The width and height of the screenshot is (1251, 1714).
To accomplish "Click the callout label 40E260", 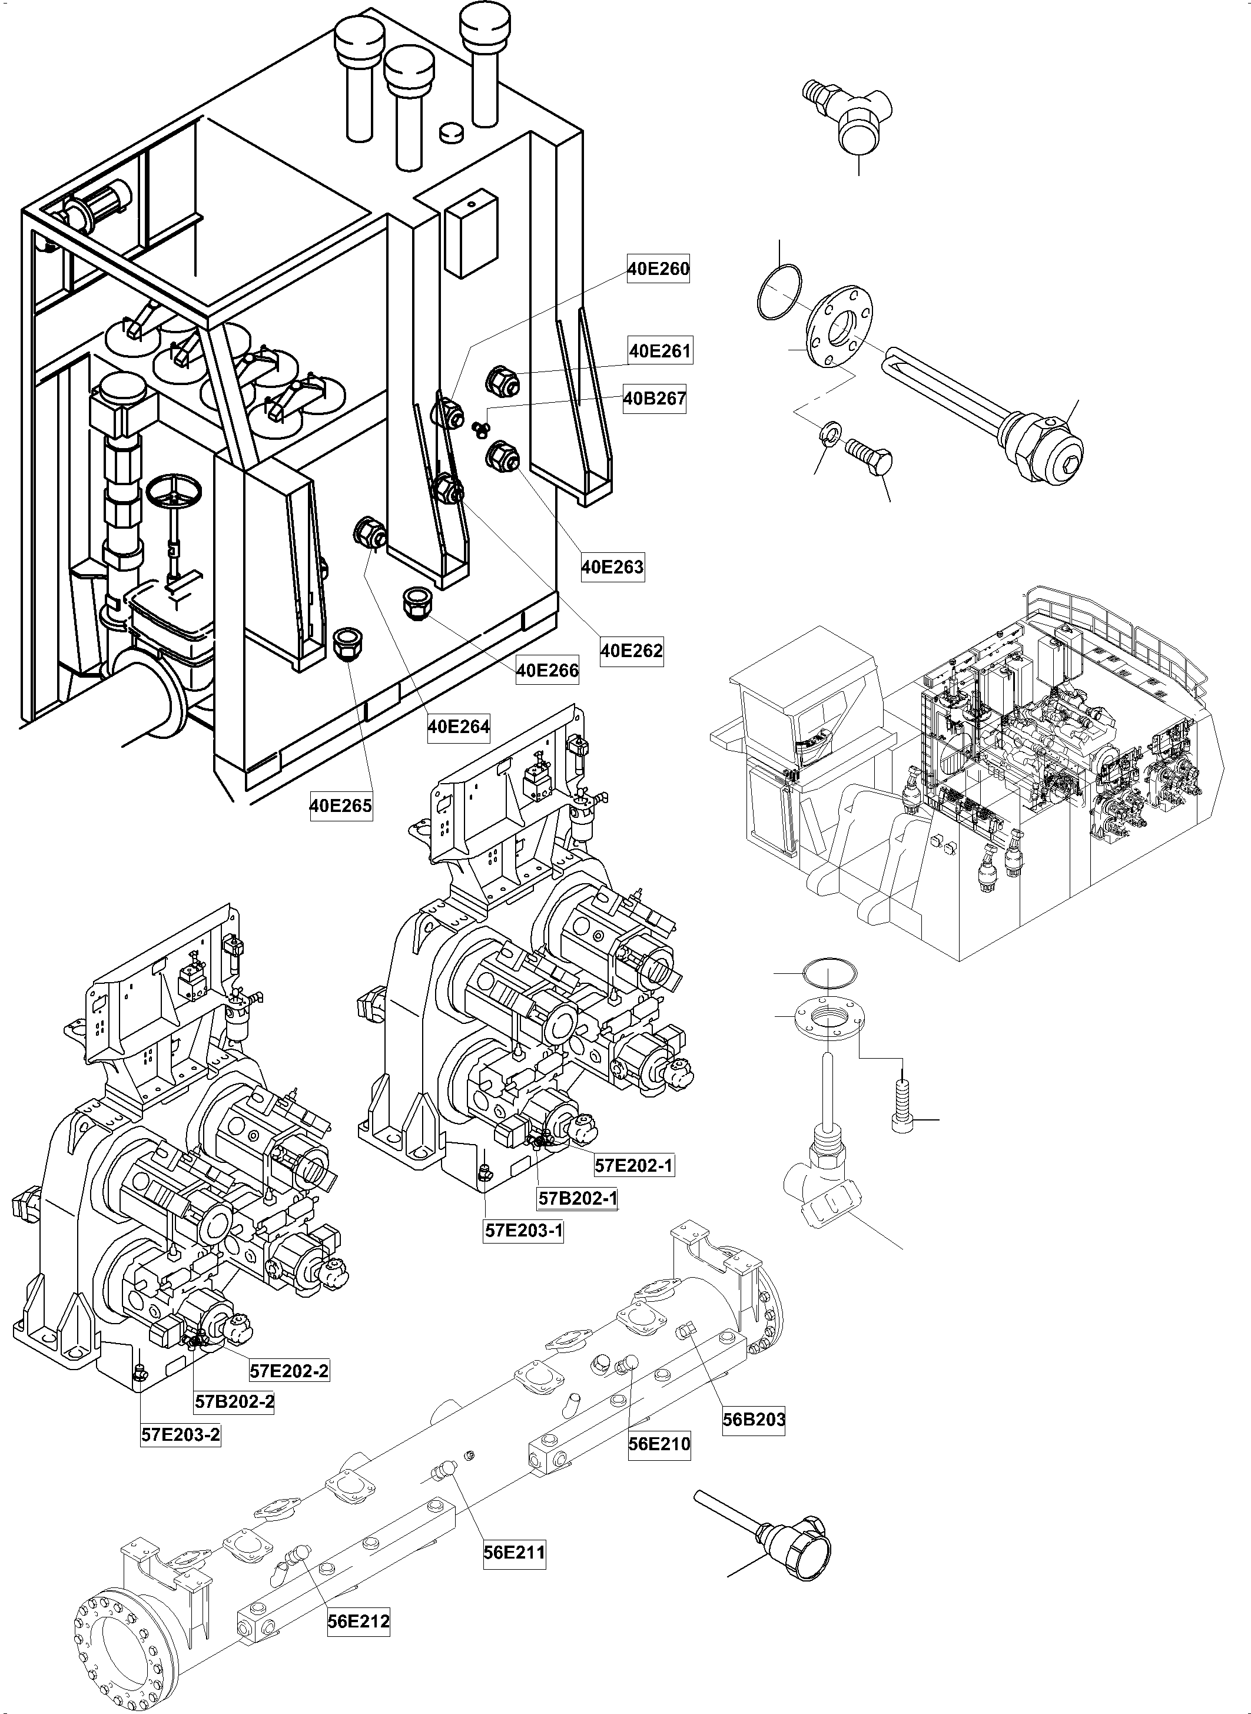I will pyautogui.click(x=658, y=269).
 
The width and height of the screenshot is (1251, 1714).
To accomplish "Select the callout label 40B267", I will pyautogui.click(x=654, y=399).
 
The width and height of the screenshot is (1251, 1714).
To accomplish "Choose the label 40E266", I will pyautogui.click(x=547, y=670).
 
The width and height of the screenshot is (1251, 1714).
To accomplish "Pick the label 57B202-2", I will pyautogui.click(x=234, y=1401).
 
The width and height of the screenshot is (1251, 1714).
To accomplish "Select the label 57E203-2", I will pyautogui.click(x=181, y=1434).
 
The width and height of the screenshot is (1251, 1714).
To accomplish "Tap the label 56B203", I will pyautogui.click(x=754, y=1420).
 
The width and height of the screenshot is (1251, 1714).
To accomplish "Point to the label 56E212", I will pyautogui.click(x=358, y=1622).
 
